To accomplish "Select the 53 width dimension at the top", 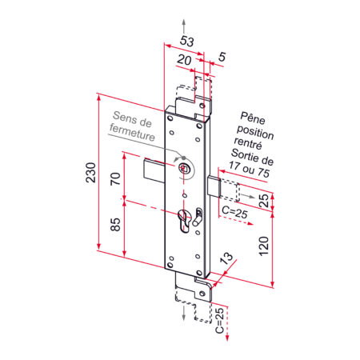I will click(186, 41).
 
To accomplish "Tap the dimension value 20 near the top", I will click(183, 61).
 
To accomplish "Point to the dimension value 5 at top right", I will click(222, 58).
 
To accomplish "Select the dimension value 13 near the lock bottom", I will click(226, 258).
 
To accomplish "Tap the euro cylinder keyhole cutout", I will click(185, 222).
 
